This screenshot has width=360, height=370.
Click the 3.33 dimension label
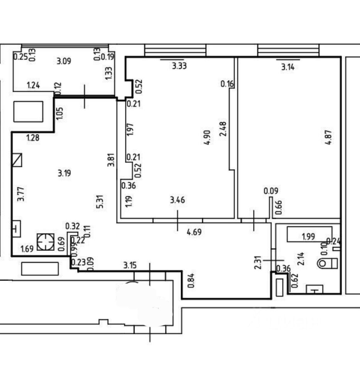click(x=179, y=66)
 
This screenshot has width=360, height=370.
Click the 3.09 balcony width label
click(x=63, y=61)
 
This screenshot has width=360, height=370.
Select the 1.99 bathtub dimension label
click(x=308, y=237)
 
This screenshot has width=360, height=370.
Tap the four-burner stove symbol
click(x=46, y=242)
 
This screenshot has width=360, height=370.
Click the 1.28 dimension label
click(x=33, y=137)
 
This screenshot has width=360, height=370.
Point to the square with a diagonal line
click(x=17, y=160)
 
